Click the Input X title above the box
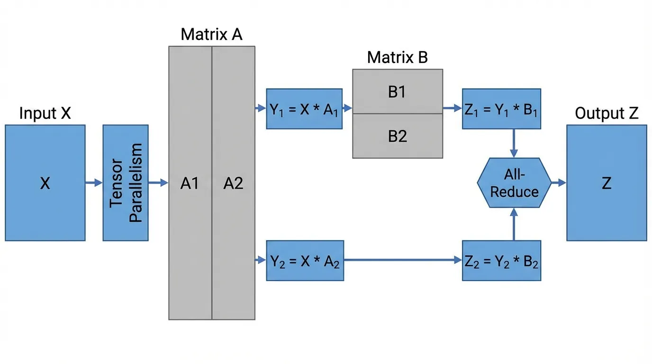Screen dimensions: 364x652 (x=45, y=113)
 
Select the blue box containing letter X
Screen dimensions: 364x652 (x=45, y=183)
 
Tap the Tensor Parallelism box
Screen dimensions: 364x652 (x=126, y=183)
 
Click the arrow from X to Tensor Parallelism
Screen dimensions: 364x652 (x=94, y=183)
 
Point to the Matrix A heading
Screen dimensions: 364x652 (x=211, y=35)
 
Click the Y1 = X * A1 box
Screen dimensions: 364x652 (x=304, y=109)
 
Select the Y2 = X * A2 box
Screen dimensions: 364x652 (x=305, y=261)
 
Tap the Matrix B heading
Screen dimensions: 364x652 (x=397, y=58)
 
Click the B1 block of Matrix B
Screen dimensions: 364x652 (x=398, y=91)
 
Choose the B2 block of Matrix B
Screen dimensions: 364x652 (x=398, y=136)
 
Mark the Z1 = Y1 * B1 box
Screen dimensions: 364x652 (x=501, y=109)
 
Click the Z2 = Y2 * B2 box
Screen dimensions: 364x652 (x=501, y=261)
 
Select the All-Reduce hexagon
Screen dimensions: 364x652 (x=514, y=183)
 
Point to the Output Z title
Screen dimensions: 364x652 (x=607, y=113)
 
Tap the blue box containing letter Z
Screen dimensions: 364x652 (x=607, y=183)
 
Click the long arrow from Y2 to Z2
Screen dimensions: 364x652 (x=403, y=261)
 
